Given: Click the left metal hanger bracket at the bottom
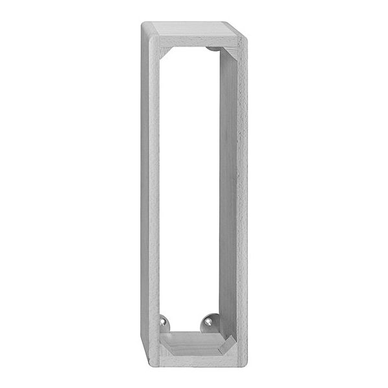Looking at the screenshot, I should click(x=164, y=322).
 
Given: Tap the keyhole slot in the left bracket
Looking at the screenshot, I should click(x=164, y=321).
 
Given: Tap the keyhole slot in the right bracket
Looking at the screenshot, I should click(x=209, y=321).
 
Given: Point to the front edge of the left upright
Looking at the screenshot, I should click(x=150, y=194).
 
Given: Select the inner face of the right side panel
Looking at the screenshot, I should click(x=228, y=194).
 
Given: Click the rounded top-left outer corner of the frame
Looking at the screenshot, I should click(x=144, y=26).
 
